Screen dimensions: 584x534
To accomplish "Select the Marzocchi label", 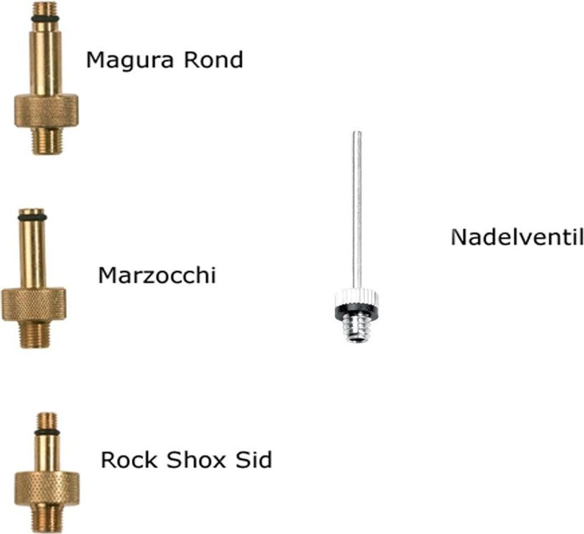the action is (157, 276).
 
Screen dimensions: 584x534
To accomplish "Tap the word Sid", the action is (254, 459).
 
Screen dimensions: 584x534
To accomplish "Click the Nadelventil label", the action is (517, 237).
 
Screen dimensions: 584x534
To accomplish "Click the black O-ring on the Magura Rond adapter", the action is (46, 19).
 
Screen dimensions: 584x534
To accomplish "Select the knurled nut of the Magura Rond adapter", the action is (46, 111).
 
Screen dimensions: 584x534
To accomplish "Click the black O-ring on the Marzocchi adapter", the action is (33, 217).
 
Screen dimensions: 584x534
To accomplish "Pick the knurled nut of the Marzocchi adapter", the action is (34, 304).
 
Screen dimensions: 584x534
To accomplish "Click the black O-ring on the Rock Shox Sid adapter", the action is (47, 432).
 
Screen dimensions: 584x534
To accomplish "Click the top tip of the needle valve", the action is (356, 134).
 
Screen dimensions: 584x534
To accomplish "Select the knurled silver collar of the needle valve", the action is (356, 297).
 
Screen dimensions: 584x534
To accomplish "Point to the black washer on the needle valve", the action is (356, 311).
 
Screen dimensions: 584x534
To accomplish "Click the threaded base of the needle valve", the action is (357, 329).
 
